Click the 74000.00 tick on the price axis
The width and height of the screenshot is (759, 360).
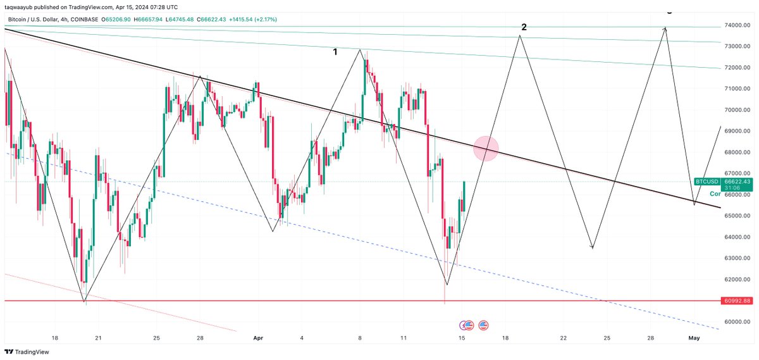[739, 25]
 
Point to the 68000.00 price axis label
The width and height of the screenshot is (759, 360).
[739, 152]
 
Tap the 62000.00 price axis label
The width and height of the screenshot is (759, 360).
[739, 279]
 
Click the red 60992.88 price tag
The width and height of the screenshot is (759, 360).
[738, 301]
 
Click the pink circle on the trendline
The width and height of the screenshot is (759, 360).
[486, 148]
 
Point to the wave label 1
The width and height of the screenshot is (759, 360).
[335, 52]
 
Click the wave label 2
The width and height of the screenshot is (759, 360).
[524, 27]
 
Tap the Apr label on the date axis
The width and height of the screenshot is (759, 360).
[259, 338]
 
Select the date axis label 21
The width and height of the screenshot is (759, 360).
[98, 338]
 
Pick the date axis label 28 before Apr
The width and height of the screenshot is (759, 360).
[200, 338]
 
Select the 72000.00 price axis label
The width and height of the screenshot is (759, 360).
[739, 68]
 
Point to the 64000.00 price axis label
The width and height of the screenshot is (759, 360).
[739, 237]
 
